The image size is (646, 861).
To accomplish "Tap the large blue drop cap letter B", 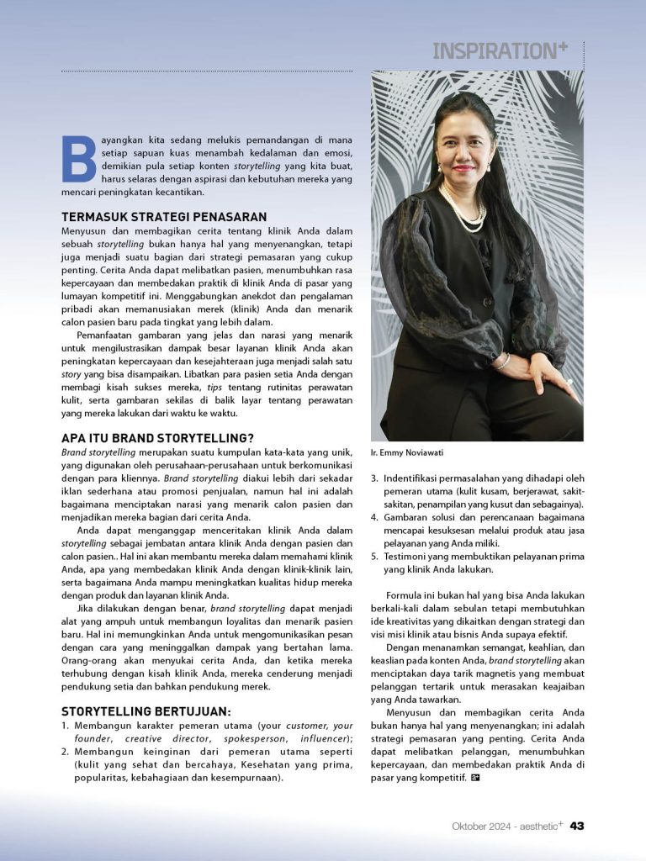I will (x=79, y=159).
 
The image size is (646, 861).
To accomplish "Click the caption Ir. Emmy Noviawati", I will (x=408, y=452).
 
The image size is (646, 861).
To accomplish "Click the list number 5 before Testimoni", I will (x=375, y=557).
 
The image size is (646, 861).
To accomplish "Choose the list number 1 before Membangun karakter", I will (x=65, y=726).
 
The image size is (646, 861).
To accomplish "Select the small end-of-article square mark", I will (x=475, y=777).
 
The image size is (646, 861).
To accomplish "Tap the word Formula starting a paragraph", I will (x=406, y=595).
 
